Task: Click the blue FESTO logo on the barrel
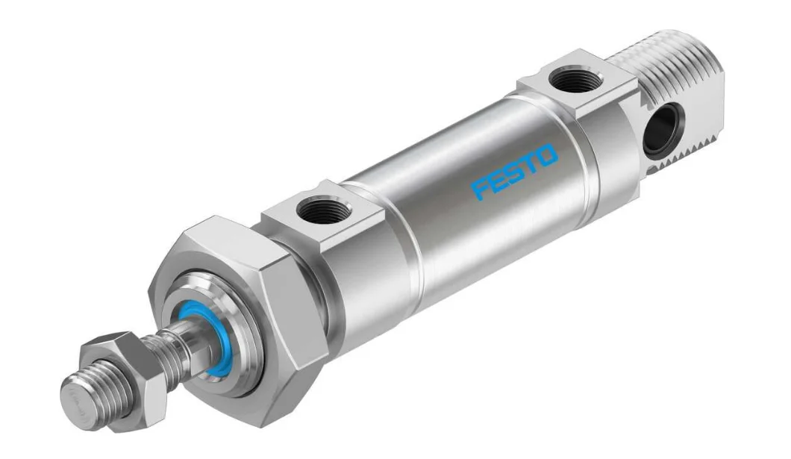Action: coord(515,171)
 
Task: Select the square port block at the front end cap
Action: coord(328,216)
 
